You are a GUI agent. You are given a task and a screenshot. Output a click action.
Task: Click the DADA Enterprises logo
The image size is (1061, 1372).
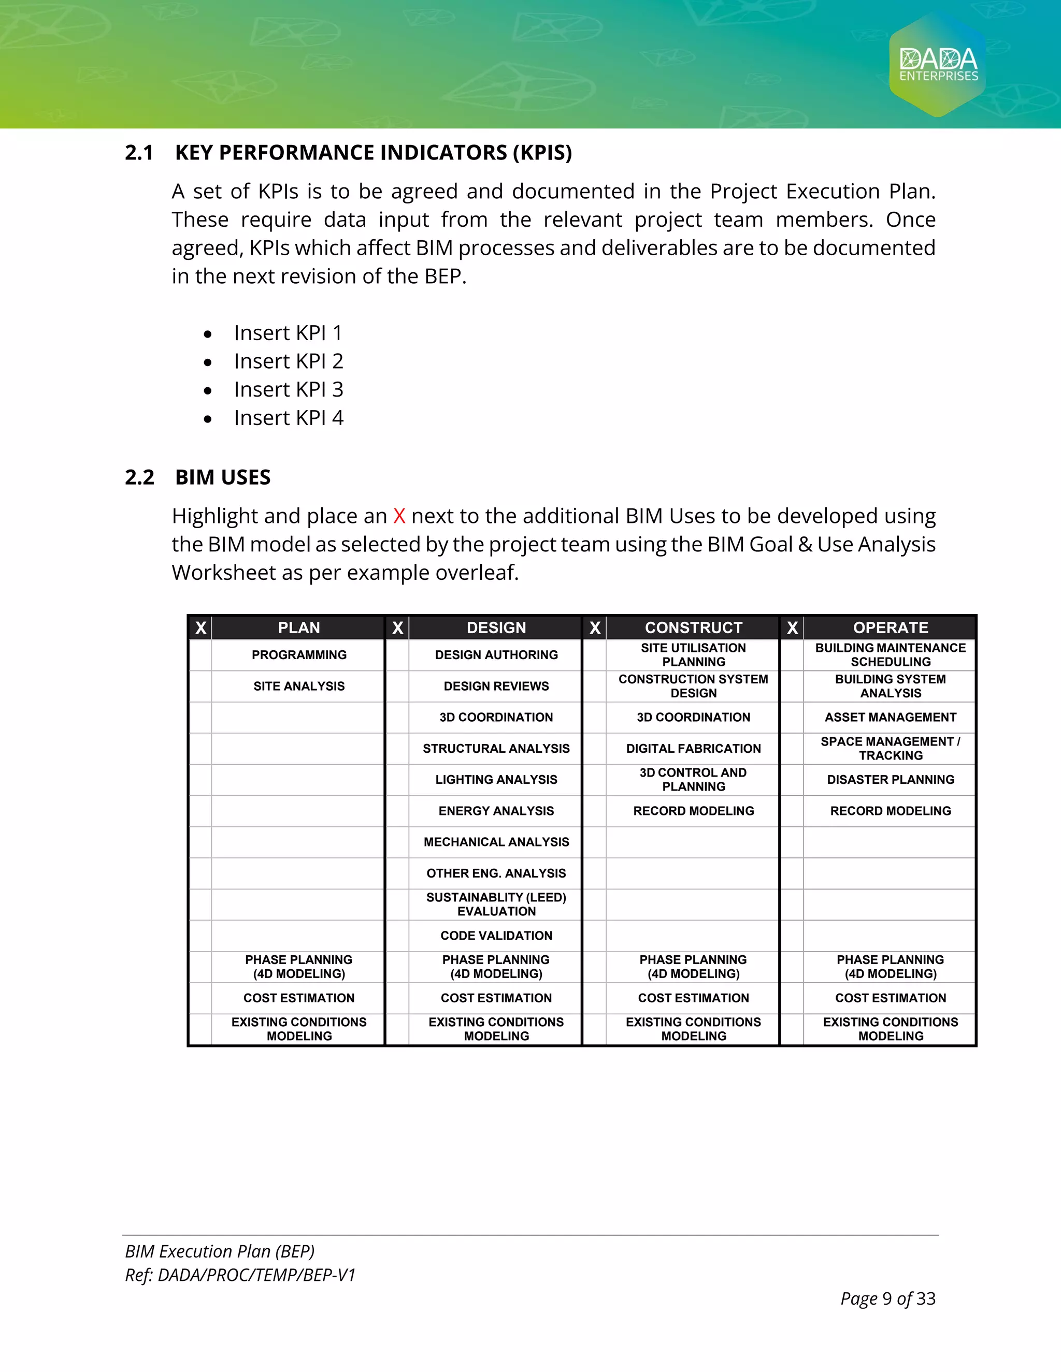point(938,65)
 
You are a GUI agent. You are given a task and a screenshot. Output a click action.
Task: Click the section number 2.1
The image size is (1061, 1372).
point(139,153)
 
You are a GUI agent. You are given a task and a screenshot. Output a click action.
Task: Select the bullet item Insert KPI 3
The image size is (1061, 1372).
point(289,389)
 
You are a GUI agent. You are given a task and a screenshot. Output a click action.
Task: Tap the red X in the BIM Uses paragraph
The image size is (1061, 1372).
point(399,516)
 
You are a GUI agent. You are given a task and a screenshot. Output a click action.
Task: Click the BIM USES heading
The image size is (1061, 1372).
point(222,477)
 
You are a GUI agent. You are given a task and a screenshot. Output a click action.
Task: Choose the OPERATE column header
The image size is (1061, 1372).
point(890,627)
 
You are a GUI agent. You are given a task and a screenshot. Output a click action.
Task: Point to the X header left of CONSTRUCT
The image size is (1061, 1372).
point(595,627)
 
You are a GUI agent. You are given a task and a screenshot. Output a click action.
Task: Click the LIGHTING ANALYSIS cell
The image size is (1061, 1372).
point(496,780)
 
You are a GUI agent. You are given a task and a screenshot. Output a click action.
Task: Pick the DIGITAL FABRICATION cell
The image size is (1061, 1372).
point(693,748)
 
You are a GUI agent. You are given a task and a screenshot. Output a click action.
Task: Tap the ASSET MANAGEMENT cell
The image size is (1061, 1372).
point(890,718)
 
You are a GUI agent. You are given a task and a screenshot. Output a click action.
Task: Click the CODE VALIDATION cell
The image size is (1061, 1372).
point(496,936)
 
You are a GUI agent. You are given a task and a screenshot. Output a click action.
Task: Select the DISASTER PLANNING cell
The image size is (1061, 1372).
point(890,780)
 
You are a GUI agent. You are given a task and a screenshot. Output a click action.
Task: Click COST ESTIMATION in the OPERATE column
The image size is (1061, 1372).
point(890,998)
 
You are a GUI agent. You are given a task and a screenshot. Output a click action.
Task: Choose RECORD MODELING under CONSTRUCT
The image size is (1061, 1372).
point(693,811)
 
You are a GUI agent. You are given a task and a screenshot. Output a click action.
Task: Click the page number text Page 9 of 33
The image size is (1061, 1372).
point(887,1298)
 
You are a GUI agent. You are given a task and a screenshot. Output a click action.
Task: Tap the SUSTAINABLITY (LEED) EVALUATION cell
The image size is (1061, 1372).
point(496,904)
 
